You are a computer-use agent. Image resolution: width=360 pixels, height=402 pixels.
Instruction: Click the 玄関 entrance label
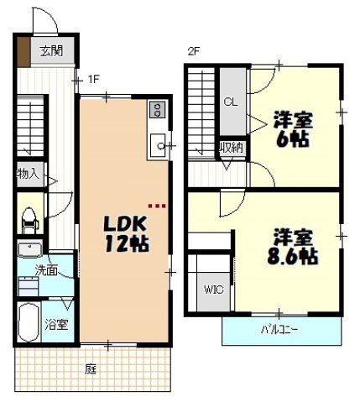click(50, 51)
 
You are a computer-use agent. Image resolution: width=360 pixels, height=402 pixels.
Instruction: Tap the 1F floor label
click(95, 80)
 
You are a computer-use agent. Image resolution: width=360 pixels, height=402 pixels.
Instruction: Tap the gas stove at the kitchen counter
click(156, 110)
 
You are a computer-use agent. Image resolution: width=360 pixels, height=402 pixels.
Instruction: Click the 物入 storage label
click(27, 175)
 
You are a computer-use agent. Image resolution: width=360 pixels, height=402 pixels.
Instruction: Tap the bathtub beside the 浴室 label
click(28, 321)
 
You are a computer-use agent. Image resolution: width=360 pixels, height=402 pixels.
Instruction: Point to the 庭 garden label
click(90, 368)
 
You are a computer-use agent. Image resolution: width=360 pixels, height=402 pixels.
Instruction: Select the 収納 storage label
click(231, 148)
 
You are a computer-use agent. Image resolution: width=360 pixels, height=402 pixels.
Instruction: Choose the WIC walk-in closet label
click(211, 291)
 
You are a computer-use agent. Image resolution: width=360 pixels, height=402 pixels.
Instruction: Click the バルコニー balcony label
click(277, 330)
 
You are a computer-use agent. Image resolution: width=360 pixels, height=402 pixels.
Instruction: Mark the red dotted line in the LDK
click(157, 203)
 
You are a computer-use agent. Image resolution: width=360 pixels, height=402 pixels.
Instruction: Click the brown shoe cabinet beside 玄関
click(23, 51)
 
